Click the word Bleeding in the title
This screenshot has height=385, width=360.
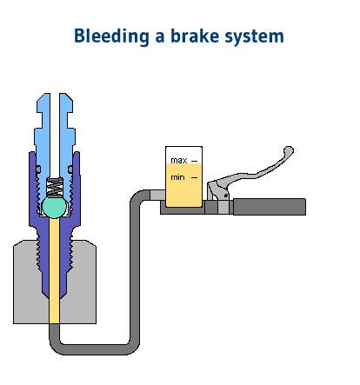[111, 37]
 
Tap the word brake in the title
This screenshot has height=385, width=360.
[194, 36]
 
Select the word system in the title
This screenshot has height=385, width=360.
[254, 37]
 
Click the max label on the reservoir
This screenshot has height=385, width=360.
[178, 160]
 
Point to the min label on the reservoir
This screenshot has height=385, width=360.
[177, 177]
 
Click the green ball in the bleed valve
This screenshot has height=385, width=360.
[54, 208]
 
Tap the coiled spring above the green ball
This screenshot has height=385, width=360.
[55, 188]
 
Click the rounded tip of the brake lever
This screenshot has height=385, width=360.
[289, 150]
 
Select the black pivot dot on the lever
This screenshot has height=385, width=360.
[226, 196]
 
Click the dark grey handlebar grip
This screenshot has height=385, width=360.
[270, 207]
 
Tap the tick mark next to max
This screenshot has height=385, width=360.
[195, 161]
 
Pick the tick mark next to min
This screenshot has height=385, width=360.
[195, 177]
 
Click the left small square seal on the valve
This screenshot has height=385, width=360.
[38, 169]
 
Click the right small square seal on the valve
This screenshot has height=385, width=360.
[70, 169]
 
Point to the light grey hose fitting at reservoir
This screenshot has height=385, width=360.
[157, 195]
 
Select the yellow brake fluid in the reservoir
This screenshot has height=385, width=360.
[183, 185]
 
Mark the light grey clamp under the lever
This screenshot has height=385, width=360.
[223, 207]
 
